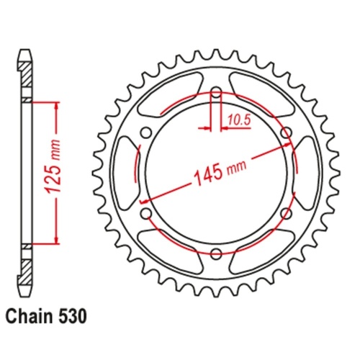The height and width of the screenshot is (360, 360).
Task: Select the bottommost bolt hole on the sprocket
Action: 217,253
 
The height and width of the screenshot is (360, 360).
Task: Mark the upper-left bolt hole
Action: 147,132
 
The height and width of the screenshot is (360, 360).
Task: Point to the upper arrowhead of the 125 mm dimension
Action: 54,105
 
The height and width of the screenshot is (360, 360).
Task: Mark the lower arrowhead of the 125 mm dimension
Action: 54,240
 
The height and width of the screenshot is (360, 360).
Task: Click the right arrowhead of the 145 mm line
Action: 292,145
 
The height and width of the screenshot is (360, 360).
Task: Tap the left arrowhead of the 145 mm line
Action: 143,199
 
